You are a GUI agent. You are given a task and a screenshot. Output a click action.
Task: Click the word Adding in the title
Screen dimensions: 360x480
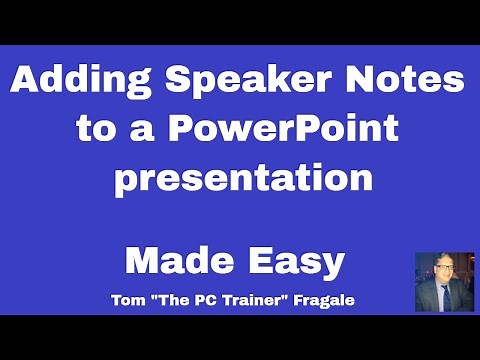coord(77,81)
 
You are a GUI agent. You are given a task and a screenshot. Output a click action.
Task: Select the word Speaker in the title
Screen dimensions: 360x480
coord(245,81)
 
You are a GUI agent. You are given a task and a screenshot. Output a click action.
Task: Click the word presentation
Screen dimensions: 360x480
coord(243,180)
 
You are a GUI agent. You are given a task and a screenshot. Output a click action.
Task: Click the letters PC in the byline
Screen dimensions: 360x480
coord(211,300)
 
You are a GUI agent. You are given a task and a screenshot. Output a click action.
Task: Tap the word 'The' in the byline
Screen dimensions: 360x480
coord(180,300)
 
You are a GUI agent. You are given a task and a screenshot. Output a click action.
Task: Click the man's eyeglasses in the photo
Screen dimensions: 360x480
coord(444,272)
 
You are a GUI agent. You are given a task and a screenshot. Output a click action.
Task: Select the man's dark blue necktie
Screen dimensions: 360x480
coord(444,298)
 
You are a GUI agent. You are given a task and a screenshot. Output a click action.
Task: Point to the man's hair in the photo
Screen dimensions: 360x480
coord(444,260)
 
